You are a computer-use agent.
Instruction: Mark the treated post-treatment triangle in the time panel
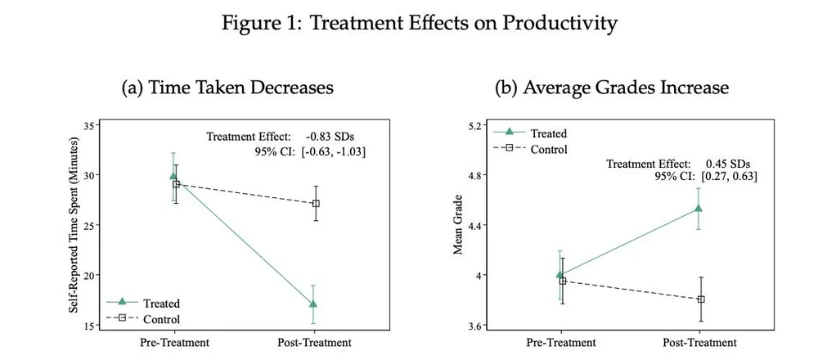[x=312, y=304]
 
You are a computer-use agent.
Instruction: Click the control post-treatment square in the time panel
[x=316, y=203]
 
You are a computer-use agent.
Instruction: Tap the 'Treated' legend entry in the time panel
[x=161, y=304]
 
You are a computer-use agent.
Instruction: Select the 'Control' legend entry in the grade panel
[x=548, y=149]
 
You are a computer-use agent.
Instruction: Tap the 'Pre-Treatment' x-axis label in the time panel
[x=174, y=343]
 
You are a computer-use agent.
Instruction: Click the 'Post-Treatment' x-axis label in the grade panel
[x=699, y=343]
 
